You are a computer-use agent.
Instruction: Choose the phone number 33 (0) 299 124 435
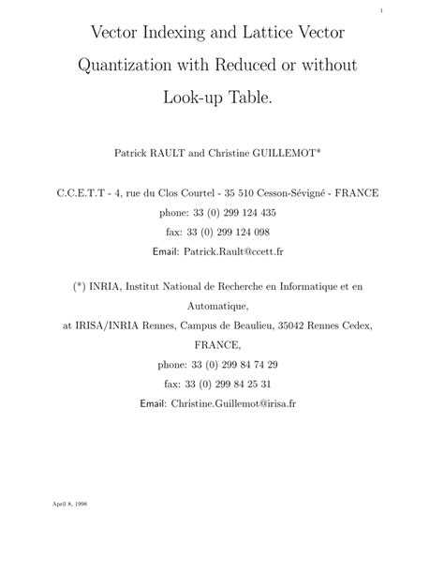(235, 213)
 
